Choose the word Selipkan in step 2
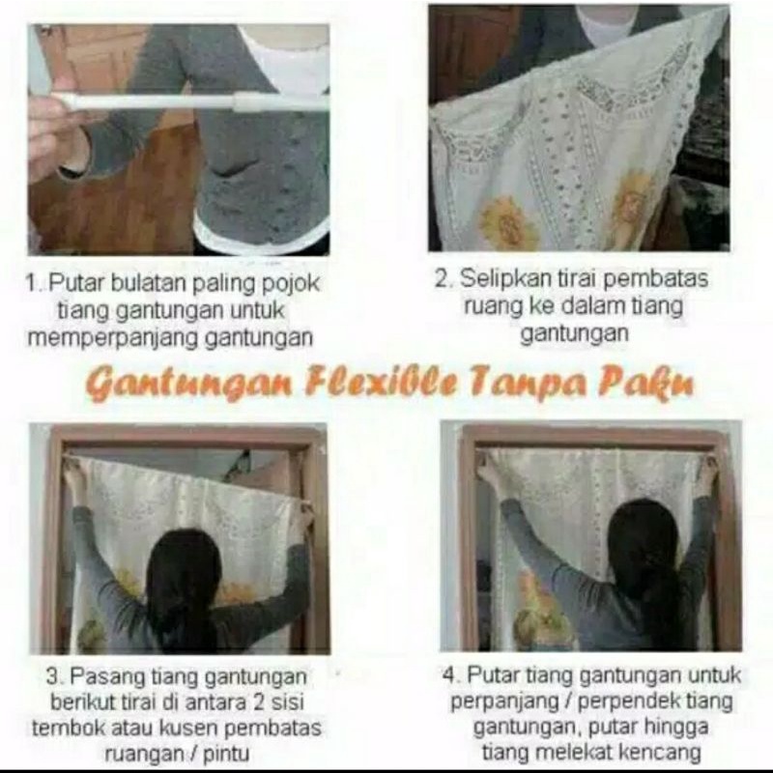[x=505, y=280]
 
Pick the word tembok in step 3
[x=65, y=729]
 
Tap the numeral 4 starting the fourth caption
[x=448, y=674]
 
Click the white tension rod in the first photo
[x=192, y=101]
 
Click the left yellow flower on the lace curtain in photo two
[x=507, y=223]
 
